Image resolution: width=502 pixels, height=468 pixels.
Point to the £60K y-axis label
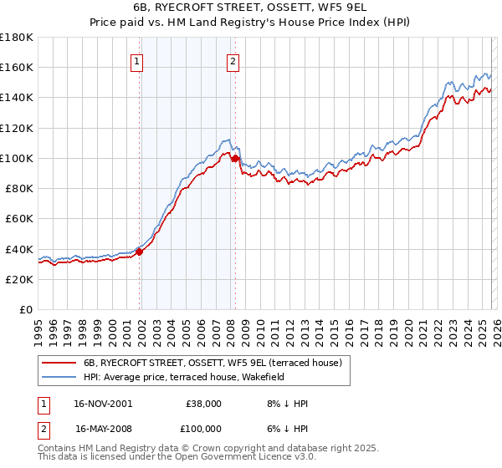pos(19,218)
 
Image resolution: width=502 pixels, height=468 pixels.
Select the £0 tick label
pos(27,309)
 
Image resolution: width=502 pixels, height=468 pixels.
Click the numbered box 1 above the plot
pos(136,60)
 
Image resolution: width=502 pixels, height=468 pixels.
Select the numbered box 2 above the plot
pos(232,60)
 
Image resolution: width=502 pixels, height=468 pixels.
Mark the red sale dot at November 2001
pos(140,252)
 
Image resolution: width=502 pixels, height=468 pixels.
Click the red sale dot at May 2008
pos(235,158)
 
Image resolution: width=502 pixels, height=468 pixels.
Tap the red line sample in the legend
pos(59,363)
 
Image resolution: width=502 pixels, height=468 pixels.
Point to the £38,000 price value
pos(205,404)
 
